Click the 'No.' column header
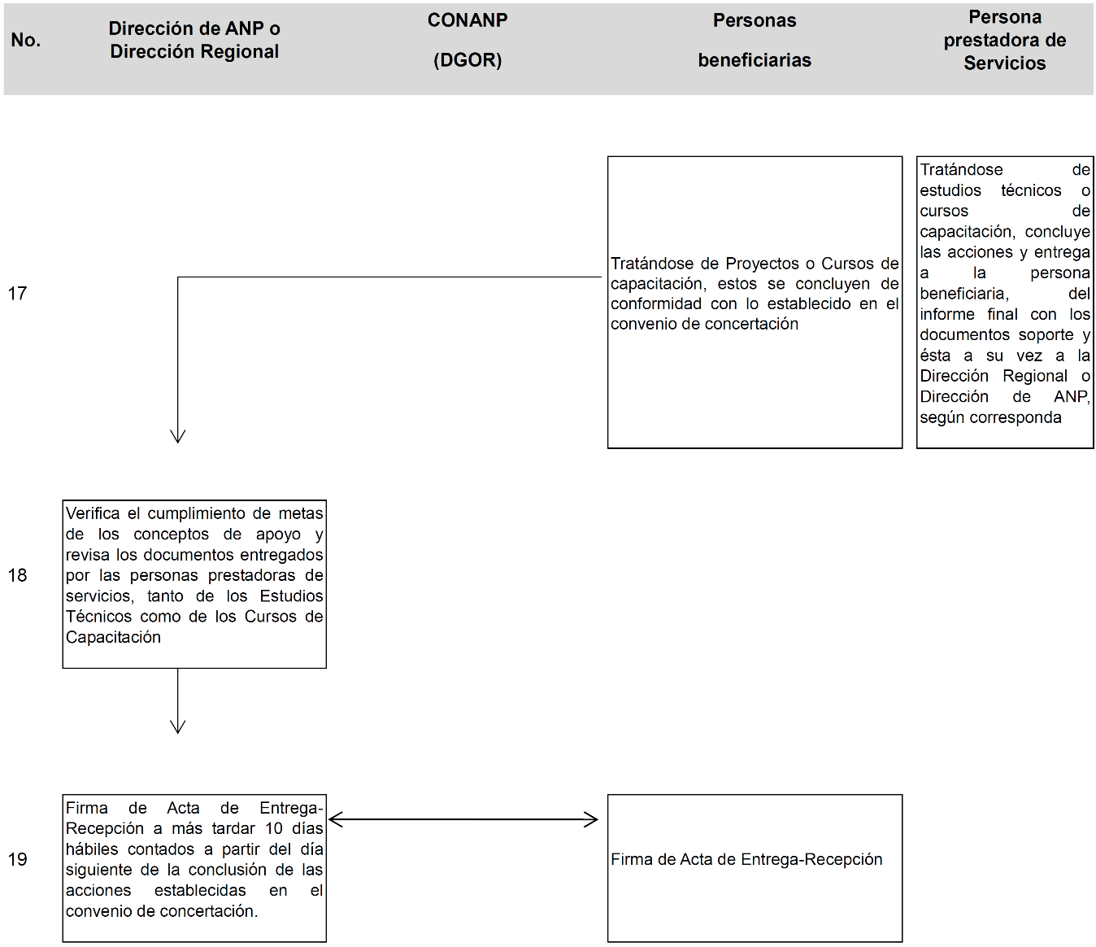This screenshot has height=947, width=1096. click(26, 40)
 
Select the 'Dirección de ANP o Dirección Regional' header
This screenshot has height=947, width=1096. click(194, 40)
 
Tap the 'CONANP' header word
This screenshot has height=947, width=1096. click(468, 20)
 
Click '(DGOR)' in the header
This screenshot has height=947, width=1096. click(468, 60)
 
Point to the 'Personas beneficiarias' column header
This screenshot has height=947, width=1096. click(755, 40)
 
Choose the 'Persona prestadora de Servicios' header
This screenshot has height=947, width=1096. click(1005, 40)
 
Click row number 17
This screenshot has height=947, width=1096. click(18, 294)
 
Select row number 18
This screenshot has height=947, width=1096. click(18, 575)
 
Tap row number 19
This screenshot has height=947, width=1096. click(18, 859)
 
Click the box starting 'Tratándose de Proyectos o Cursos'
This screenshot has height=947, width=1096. click(755, 302)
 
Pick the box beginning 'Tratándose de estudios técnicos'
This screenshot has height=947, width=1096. click(1005, 302)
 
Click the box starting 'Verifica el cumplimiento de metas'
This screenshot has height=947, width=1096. click(194, 584)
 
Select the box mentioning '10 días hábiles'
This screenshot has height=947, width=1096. click(194, 868)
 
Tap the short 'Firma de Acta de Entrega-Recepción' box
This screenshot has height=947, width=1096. click(755, 868)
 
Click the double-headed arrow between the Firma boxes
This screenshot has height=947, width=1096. click(463, 819)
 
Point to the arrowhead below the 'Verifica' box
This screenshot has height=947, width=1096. click(178, 727)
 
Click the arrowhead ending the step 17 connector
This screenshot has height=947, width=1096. click(178, 436)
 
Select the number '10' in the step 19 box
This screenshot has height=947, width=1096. click(274, 828)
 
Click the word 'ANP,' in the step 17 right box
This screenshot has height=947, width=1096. click(1072, 397)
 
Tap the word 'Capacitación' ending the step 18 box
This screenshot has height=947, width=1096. click(113, 637)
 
